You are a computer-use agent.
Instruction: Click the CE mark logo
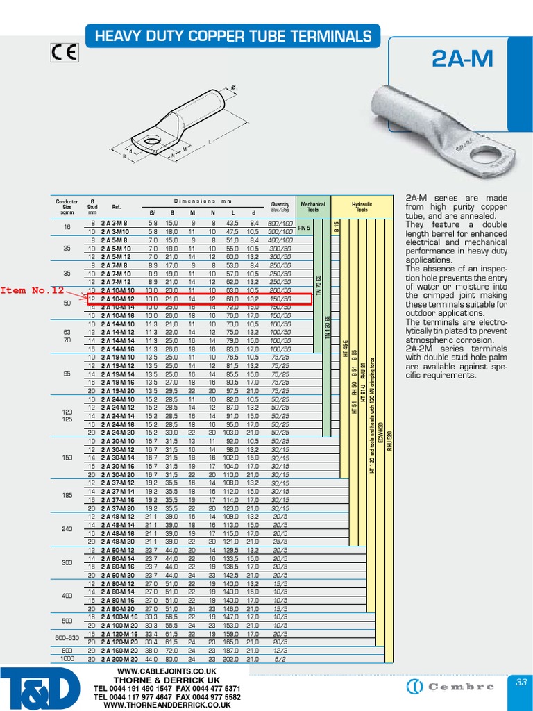click(65, 53)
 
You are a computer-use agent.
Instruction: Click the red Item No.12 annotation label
click(32, 290)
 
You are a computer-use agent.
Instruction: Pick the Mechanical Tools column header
click(312, 207)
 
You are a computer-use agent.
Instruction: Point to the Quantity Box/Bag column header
click(280, 207)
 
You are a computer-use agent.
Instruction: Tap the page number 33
click(521, 683)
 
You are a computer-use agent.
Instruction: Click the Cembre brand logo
click(450, 687)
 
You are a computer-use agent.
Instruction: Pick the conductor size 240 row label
click(67, 528)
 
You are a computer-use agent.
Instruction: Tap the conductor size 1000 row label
click(67, 658)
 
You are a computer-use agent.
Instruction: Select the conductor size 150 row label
click(67, 458)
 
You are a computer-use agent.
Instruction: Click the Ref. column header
click(116, 207)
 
